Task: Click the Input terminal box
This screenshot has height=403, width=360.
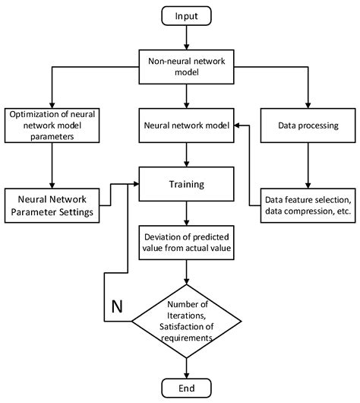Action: point(185,17)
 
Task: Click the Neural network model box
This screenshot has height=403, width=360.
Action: point(185,125)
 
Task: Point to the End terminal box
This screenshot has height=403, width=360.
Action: point(185,387)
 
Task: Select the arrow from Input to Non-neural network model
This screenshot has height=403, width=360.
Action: point(185,39)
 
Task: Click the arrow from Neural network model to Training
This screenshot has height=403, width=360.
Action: point(185,154)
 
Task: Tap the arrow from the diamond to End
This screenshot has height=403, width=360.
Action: point(185,363)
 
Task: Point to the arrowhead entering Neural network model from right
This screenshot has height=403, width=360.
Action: point(238,125)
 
